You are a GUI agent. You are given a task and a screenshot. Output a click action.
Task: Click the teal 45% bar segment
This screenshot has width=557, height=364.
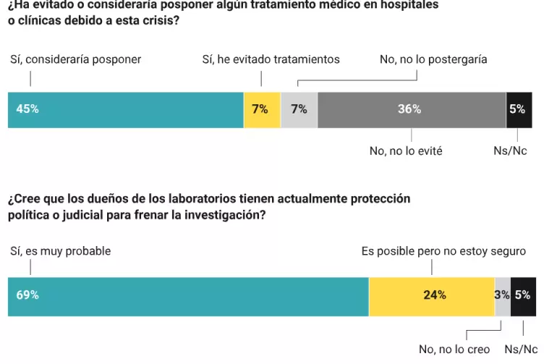(x=125, y=110)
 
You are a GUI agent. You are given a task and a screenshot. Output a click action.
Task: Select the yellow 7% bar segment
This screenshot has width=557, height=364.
(x=262, y=110)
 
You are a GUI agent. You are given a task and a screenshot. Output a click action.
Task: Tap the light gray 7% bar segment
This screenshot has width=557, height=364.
(x=299, y=110)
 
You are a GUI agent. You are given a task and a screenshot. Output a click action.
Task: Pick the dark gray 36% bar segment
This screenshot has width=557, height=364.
(x=412, y=110)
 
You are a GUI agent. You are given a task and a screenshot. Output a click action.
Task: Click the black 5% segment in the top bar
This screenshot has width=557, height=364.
(x=519, y=110)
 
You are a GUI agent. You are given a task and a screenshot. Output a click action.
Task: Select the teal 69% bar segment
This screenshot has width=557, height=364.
(x=188, y=295)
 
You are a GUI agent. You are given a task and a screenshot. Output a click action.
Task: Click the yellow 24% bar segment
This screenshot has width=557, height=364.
(x=432, y=295)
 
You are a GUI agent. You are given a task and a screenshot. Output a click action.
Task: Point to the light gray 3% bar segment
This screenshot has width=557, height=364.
(x=503, y=295)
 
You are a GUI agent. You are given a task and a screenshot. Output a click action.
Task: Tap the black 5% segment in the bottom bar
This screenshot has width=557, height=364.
(x=523, y=295)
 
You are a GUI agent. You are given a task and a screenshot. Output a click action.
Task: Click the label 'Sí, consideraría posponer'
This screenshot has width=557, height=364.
(x=75, y=59)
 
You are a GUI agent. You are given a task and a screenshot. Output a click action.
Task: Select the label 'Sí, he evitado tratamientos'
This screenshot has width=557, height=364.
(x=271, y=59)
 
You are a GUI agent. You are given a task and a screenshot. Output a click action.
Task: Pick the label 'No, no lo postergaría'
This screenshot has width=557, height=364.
(x=433, y=59)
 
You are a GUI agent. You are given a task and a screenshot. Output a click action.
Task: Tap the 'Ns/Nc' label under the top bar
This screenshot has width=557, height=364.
(x=510, y=151)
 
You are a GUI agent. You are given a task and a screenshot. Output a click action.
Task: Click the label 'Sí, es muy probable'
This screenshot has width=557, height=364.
(x=60, y=251)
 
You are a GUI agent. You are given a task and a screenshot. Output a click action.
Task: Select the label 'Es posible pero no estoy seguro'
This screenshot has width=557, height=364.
(x=443, y=251)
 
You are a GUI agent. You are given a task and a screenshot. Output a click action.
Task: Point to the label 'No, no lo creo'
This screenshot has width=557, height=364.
(x=454, y=349)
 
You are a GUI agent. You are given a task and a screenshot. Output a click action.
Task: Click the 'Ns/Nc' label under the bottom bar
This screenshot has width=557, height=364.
(x=521, y=349)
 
